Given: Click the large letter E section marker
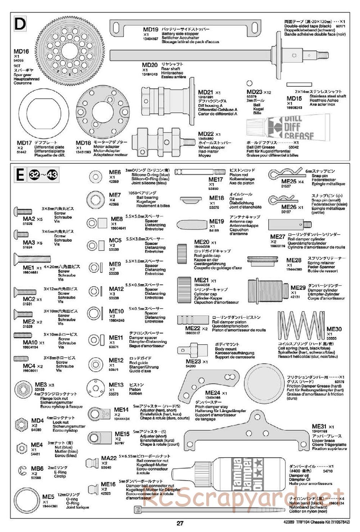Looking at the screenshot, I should (21, 175).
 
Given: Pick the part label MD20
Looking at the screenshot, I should (150, 65).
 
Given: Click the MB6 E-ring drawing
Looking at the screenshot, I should (23, 470).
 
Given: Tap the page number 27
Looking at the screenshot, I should (180, 523).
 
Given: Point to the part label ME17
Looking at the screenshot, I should (216, 179).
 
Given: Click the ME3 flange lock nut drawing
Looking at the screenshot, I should (23, 389).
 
